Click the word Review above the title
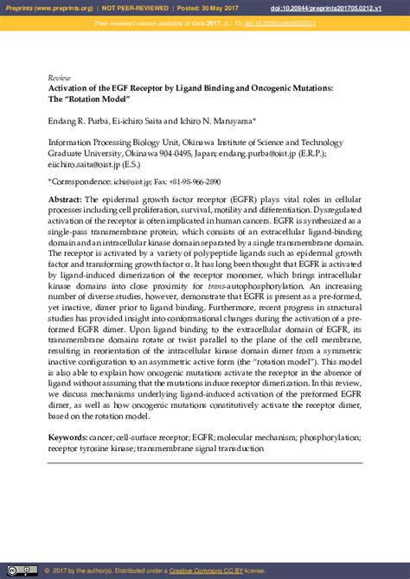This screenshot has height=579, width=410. tap(58, 77)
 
